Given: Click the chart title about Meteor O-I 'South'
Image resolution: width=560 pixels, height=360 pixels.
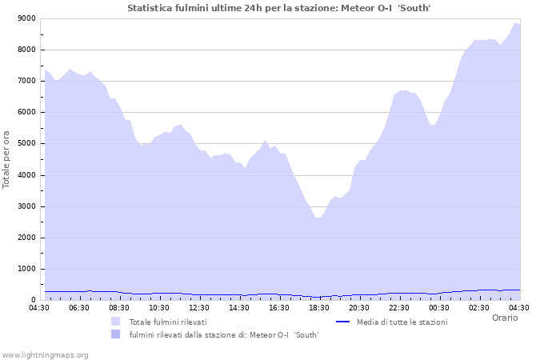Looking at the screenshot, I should tap(279, 8).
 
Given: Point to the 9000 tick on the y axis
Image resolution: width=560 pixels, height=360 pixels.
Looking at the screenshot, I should tap(26, 18).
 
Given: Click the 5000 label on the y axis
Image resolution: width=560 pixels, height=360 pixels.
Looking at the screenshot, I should tap(26, 144).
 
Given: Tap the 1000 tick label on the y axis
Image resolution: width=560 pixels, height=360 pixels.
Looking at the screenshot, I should tap(26, 270).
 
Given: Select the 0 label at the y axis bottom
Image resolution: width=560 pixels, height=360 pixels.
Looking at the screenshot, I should tap(32, 300).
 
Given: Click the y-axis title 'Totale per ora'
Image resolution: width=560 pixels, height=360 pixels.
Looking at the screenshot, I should tap(7, 159).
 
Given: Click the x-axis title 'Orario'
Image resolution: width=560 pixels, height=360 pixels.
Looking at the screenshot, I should tap(504, 318).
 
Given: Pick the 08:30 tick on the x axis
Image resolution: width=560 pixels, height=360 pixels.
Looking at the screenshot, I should tap(119, 307).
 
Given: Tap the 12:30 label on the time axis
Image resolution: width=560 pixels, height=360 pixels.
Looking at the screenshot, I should tap(199, 307).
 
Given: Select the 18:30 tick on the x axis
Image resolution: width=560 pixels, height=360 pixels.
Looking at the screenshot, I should tap(319, 307).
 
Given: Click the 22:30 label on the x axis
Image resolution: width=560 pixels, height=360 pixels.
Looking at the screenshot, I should tap(399, 307).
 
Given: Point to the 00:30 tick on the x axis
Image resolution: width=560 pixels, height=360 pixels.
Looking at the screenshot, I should tap(439, 307).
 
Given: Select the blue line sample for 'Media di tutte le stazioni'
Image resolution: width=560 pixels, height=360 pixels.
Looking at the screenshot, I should tap(343, 322).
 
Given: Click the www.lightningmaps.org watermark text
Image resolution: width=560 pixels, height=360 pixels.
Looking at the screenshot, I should tap(45, 354).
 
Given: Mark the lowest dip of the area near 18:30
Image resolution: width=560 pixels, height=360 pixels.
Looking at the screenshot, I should tap(318, 218).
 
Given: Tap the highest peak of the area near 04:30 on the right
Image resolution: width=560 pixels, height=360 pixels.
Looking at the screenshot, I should tap(516, 23).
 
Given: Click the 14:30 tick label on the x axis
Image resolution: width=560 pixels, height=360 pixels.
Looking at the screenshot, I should tap(239, 307).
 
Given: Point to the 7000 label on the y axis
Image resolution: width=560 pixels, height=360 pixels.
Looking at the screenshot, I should tap(26, 81).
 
